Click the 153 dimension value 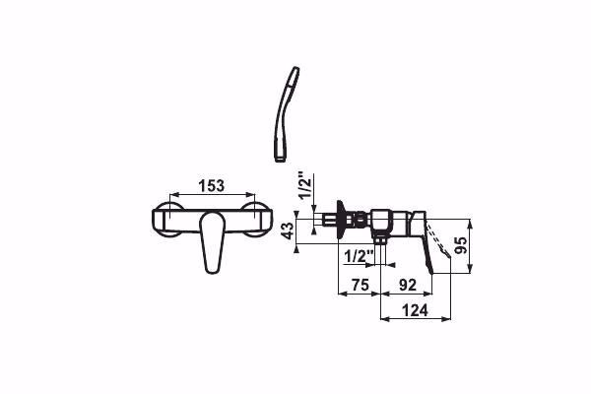click(212, 185)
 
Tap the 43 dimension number click(288, 230)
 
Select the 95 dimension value click(461, 245)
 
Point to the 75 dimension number click(360, 285)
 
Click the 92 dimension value click(408, 285)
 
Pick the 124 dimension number click(415, 310)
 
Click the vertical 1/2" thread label click(305, 185)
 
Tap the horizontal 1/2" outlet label click(359, 257)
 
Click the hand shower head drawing click(288, 114)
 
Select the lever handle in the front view click(212, 241)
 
